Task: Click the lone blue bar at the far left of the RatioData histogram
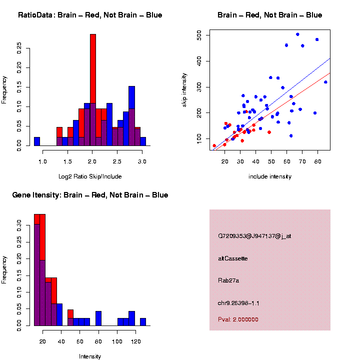(x=37, y=141)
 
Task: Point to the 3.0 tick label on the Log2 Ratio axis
(x=142, y=162)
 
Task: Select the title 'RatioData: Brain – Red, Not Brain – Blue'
(x=90, y=15)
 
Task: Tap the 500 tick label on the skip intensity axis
(x=199, y=35)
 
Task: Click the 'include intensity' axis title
(x=270, y=176)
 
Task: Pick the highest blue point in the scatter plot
(x=297, y=34)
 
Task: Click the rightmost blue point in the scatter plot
(x=325, y=82)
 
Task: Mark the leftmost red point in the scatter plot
(x=214, y=146)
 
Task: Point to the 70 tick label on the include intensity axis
(x=302, y=162)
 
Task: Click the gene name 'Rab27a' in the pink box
(x=228, y=280)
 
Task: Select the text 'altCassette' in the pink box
(x=232, y=258)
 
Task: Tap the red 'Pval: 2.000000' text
(x=238, y=319)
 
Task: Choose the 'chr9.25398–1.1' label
(x=238, y=303)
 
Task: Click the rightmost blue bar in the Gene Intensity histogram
(x=142, y=321)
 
